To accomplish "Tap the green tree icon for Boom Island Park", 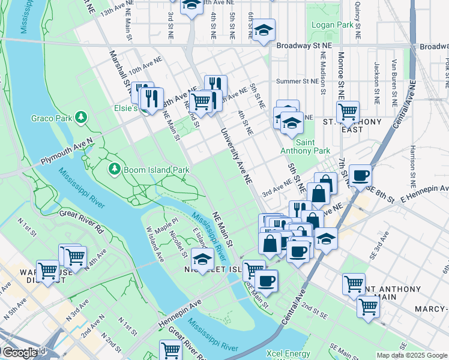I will point(114,169).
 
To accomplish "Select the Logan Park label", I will point(332,25).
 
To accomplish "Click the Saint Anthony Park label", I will point(313,146).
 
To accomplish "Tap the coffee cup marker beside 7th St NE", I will point(361,176).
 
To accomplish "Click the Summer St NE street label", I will point(300,81).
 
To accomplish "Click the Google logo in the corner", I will point(20,353).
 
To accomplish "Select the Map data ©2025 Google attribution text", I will point(411,355).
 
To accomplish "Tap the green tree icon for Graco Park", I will point(80,118).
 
